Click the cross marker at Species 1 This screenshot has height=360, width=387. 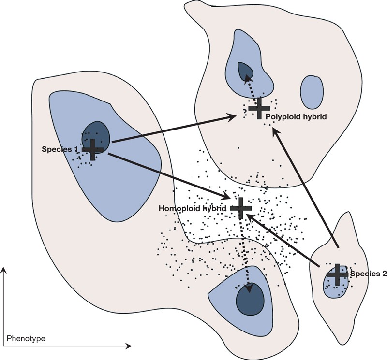point(92,149)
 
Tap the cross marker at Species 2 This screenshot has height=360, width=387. point(337,274)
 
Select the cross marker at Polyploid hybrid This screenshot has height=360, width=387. point(258,108)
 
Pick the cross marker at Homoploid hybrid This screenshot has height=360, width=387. point(241,207)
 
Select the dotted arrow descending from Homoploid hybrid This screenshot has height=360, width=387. point(246,251)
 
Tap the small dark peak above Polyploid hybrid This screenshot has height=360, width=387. point(245,70)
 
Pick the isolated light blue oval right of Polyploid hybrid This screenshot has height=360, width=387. point(312,92)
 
